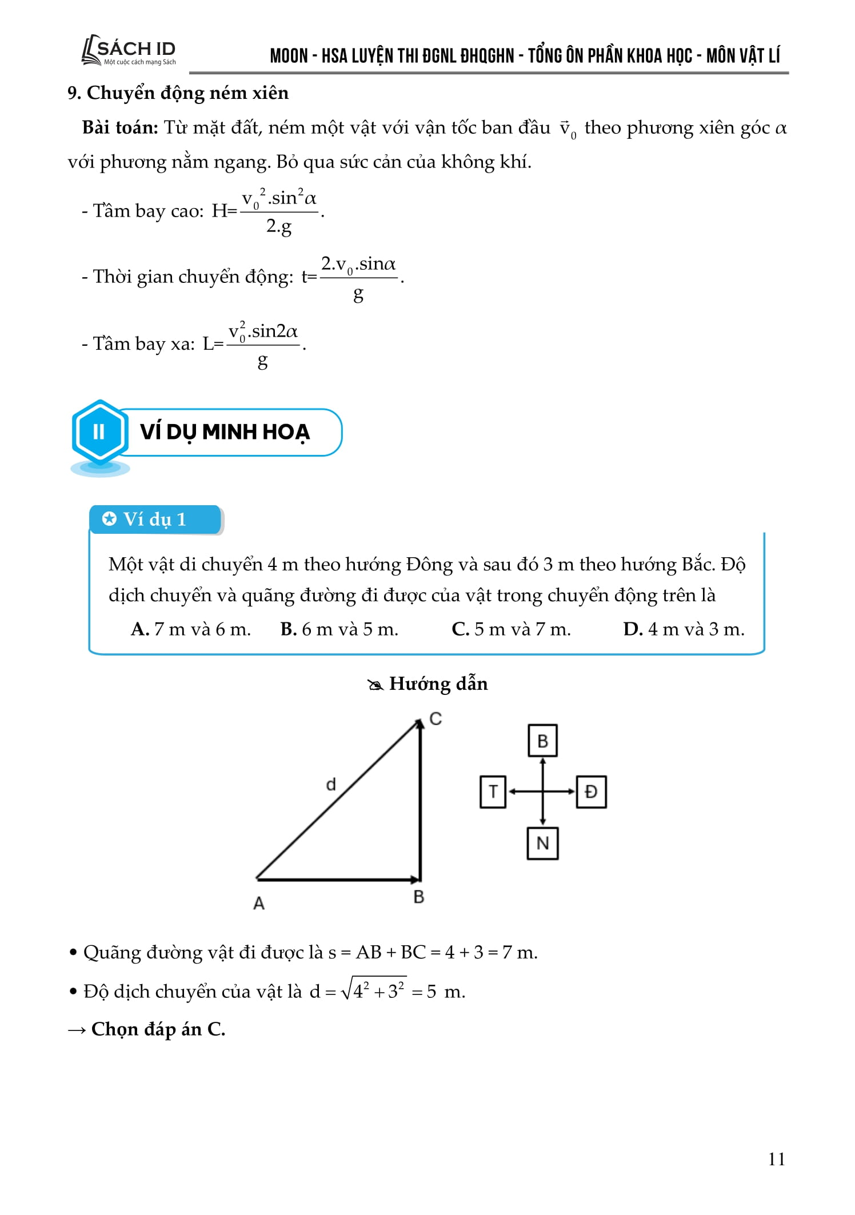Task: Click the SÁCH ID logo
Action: point(129,51)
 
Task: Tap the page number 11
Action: point(777,1158)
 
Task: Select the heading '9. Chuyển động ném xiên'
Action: point(178,93)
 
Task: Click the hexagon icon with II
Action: point(99,431)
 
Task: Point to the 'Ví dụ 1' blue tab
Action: point(155,519)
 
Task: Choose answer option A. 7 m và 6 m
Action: point(191,629)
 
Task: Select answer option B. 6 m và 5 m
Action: point(339,629)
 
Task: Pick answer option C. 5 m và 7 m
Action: point(511,629)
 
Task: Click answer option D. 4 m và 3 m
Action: point(684,629)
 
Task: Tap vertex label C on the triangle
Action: point(436,719)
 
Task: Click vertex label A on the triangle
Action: point(259,904)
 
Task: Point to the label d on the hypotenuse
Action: point(331,785)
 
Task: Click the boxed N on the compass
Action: point(542,844)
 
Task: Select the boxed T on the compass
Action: point(493,792)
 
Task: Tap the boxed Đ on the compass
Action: point(591,792)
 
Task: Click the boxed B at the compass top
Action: point(542,741)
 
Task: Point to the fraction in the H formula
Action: point(279,212)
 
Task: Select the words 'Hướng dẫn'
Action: point(438,684)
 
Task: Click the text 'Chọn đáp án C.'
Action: point(158,1029)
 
